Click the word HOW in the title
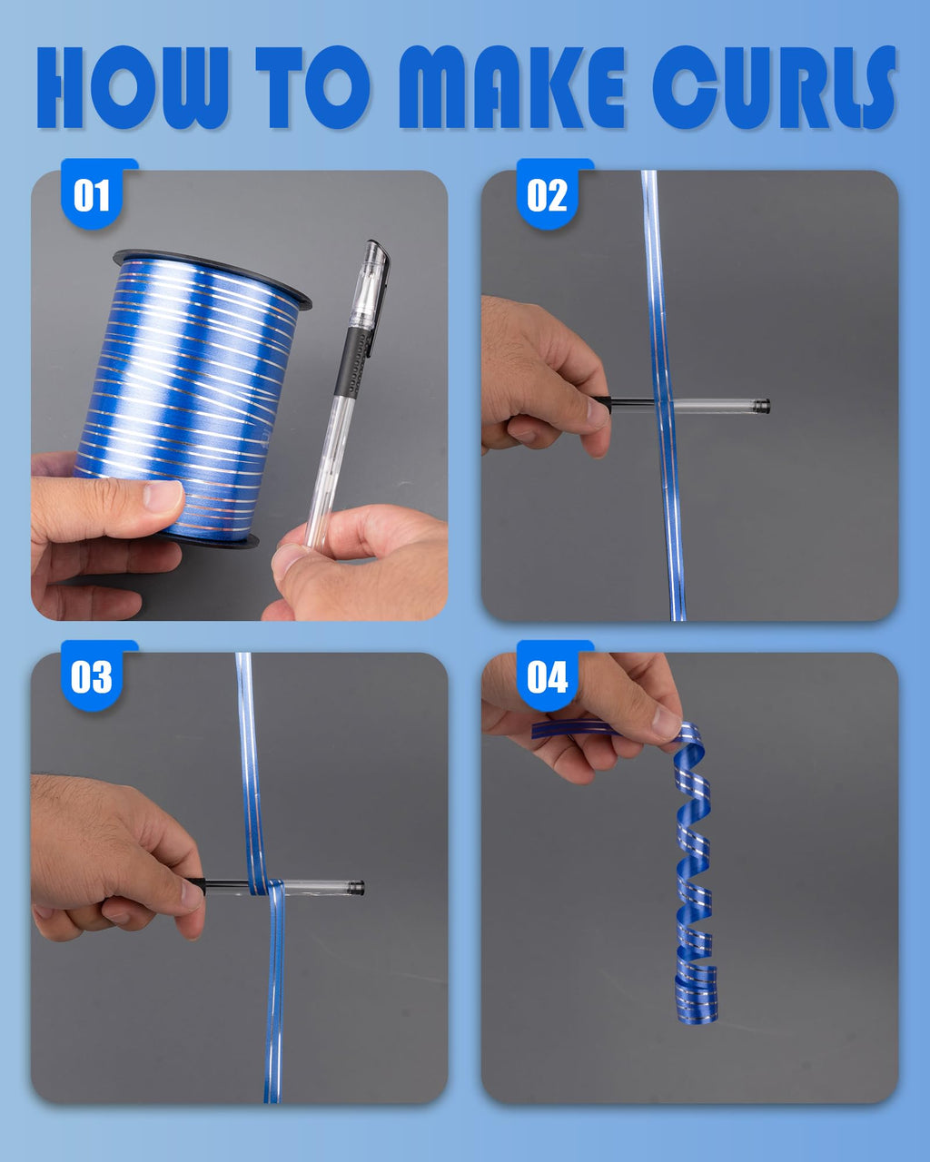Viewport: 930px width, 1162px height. (134, 87)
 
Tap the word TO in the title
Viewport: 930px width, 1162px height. (314, 87)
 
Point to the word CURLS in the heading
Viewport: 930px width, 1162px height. (774, 87)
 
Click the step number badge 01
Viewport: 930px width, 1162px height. (93, 194)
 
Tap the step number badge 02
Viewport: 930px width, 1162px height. (548, 194)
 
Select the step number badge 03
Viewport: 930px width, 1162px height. (93, 676)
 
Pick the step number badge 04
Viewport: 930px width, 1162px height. (548, 676)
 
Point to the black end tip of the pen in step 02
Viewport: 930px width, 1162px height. (763, 406)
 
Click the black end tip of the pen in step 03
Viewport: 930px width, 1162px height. (357, 888)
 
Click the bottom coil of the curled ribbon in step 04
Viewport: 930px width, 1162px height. (697, 1000)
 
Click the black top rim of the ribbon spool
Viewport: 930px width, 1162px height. (213, 275)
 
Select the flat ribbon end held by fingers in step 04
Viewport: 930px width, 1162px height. (576, 729)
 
